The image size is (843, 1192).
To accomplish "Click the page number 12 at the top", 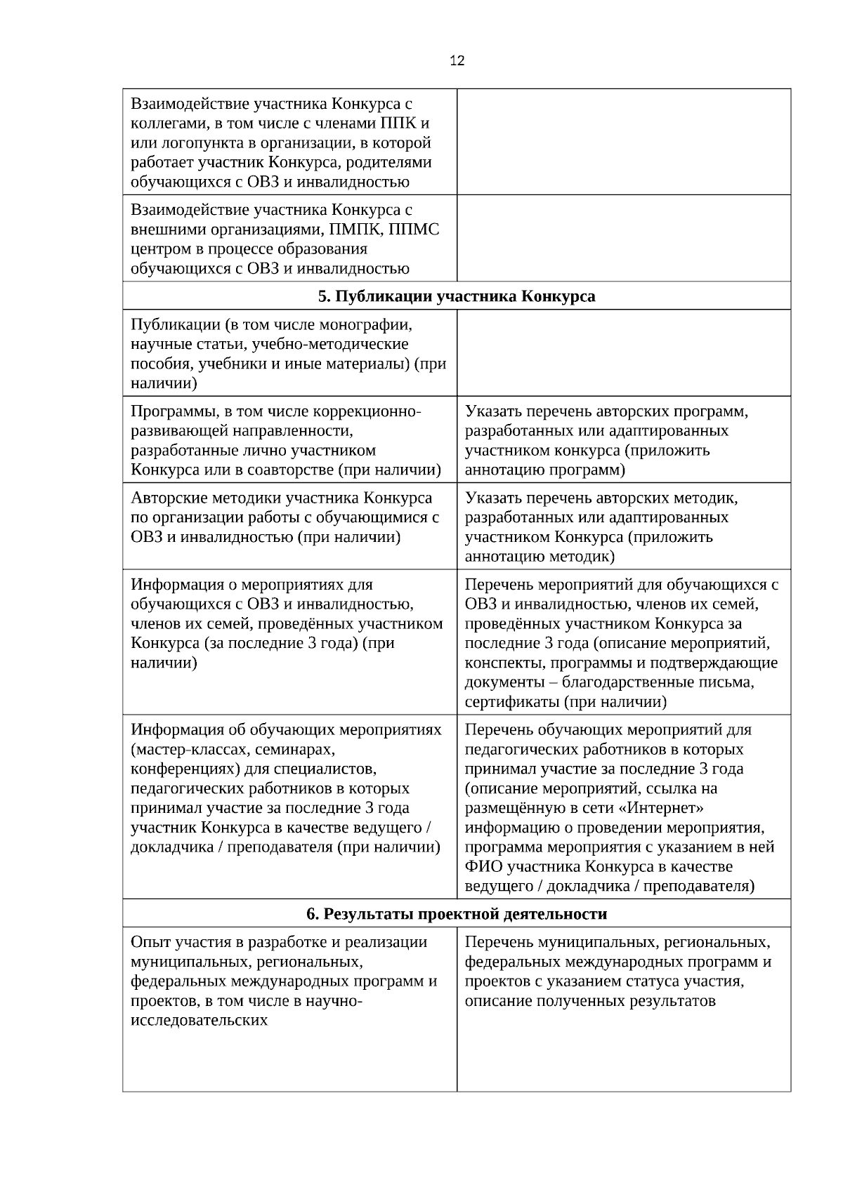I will pyautogui.click(x=457, y=61).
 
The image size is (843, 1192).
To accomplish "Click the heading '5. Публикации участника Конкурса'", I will pyautogui.click(x=457, y=296).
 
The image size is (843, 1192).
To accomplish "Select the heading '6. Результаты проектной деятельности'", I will pyautogui.click(x=457, y=914).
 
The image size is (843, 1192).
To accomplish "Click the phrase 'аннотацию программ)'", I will pyautogui.click(x=545, y=470).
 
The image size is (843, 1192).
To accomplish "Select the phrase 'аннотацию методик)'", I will pyautogui.click(x=540, y=557).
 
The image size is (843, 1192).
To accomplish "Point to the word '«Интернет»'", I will pyautogui.click(x=658, y=808).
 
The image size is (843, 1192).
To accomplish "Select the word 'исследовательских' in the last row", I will pyautogui.click(x=199, y=1020).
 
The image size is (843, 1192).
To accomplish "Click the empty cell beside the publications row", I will pyautogui.click(x=624, y=353).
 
